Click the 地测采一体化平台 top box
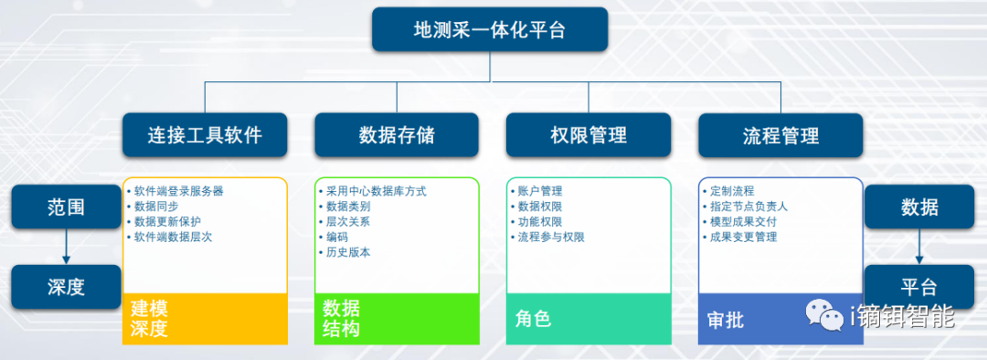pos(490,29)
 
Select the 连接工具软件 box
pos(205,134)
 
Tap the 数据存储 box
pos(397,134)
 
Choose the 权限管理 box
pos(589,134)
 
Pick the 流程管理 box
pos(780,134)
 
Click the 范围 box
pos(66,207)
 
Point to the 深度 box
pos(66,287)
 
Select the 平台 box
pos(919,287)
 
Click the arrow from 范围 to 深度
pos(66,247)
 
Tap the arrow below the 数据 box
pos(919,247)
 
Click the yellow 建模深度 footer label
pos(150,319)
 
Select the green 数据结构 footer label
pos(342,319)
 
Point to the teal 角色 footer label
pos(533,319)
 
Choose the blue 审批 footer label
pos(725,320)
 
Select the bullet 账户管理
pos(537,191)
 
